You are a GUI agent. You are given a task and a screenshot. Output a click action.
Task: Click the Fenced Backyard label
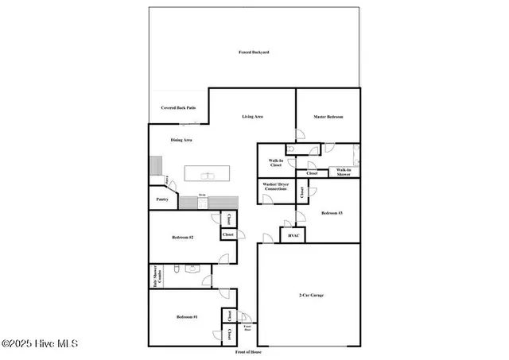(x=254, y=52)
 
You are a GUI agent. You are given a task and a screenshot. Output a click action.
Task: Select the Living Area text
(x=253, y=117)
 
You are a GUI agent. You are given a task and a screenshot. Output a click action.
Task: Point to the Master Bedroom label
(x=328, y=117)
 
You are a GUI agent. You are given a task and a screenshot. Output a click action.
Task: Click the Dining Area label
(x=181, y=140)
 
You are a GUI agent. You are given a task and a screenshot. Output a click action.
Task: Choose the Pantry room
(x=161, y=199)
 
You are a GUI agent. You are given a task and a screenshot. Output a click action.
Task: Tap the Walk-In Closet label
(x=276, y=163)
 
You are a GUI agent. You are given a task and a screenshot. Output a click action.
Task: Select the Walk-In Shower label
(x=344, y=171)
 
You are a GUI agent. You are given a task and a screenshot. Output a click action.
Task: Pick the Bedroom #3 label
(x=332, y=213)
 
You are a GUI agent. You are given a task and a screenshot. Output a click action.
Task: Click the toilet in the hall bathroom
(x=192, y=269)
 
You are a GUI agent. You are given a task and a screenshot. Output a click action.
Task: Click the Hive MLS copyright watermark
(x=40, y=343)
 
